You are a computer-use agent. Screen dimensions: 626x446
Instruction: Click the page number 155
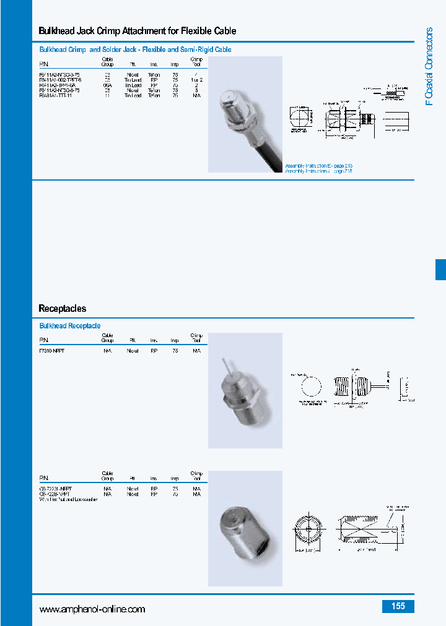(398, 606)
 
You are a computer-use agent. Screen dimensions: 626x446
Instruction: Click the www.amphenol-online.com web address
(92, 609)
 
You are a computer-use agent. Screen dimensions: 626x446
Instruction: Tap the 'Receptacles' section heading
(63, 308)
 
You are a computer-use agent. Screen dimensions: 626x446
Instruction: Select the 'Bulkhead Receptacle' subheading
(70, 326)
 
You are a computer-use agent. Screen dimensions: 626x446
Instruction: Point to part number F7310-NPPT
(51, 351)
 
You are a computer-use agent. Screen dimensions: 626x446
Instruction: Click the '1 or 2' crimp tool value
(197, 80)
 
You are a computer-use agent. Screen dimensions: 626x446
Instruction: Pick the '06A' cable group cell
(107, 85)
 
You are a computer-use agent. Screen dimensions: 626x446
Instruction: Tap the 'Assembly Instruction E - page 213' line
(319, 166)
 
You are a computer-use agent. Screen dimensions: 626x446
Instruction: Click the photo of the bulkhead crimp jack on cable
(245, 114)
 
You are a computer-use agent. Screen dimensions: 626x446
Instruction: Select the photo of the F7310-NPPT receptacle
(245, 390)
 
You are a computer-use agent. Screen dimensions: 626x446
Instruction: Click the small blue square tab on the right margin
(440, 270)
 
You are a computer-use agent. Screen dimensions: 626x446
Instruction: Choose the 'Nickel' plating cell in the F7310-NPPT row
(133, 351)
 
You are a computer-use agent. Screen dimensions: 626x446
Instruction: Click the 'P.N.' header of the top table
(43, 64)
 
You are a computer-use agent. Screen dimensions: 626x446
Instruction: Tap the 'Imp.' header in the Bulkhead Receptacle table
(175, 341)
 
